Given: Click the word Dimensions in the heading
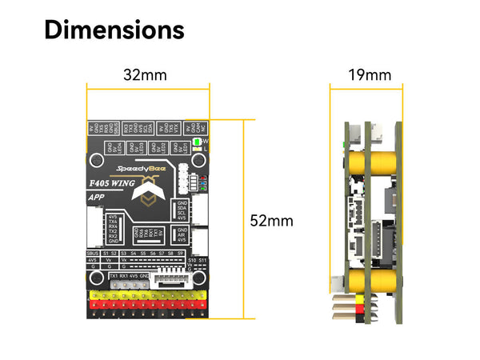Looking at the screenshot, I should click(x=114, y=30).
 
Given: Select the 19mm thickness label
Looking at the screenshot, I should click(x=370, y=75).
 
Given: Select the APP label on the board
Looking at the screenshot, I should click(x=97, y=197).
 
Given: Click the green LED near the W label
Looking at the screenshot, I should click(x=197, y=142).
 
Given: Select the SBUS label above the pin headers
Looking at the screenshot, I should click(x=93, y=253).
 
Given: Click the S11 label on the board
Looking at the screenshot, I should click(x=203, y=260).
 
